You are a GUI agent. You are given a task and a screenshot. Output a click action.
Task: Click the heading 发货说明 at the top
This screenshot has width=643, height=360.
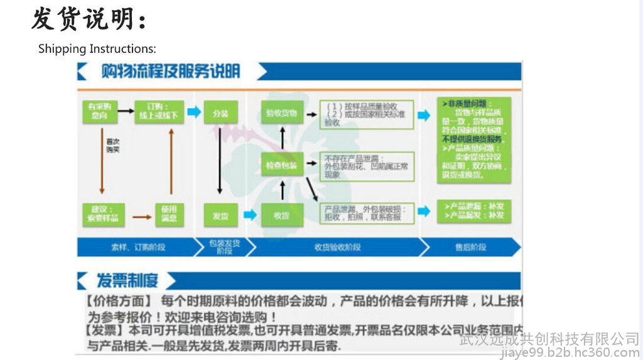point(89,19)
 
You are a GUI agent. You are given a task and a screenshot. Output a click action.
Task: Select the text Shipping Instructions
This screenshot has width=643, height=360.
point(97,49)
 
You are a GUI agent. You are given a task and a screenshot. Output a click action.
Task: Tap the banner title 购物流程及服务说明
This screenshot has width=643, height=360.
point(170,72)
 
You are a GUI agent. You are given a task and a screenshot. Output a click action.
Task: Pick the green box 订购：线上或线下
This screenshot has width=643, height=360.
point(158,111)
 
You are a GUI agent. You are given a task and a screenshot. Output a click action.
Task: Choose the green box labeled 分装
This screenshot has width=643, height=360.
point(220,113)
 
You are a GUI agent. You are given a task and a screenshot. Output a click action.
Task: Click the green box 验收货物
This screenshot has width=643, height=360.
point(281,113)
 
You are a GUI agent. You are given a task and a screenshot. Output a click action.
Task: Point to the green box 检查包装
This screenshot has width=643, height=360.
point(281,164)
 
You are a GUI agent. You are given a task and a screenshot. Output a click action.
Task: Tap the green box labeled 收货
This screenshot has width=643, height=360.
point(281,215)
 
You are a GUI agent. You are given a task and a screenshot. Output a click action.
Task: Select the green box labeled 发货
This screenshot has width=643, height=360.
point(220,215)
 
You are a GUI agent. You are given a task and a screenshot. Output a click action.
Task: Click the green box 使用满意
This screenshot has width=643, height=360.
point(170,214)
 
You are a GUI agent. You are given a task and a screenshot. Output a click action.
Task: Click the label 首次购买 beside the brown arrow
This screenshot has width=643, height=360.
point(113,146)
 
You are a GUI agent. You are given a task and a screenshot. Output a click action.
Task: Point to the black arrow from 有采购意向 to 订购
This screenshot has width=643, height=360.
point(126,111)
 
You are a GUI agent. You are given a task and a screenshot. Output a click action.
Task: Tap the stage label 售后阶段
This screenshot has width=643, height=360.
point(470,248)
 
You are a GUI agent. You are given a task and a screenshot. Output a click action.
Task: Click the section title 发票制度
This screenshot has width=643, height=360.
point(127,280)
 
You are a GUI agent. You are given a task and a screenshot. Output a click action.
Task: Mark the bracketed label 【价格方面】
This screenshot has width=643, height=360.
point(119,301)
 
